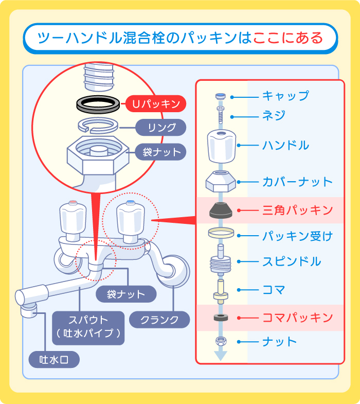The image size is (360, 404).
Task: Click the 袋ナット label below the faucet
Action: coord(125,294)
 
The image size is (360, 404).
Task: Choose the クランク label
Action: coord(159,320)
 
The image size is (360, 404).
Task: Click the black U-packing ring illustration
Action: coord(100,103)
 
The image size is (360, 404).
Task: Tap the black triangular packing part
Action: coord(221,210)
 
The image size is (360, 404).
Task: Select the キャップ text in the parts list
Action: coord(285,96)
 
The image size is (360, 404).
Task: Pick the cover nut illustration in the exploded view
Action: coord(221,181)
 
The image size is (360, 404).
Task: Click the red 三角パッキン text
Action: coord(297,210)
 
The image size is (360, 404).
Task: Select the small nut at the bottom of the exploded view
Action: coord(221,341)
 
